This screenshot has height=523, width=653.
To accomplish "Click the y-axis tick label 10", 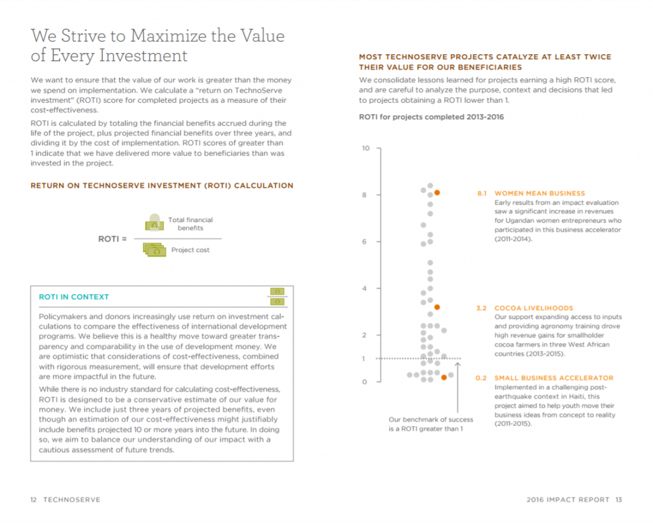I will pyautogui.click(x=365, y=148).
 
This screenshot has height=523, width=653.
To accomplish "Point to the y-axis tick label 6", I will pyautogui.click(x=365, y=242).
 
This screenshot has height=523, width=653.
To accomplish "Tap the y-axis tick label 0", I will pyautogui.click(x=365, y=381).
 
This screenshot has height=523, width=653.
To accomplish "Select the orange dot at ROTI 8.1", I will pyautogui.click(x=437, y=193).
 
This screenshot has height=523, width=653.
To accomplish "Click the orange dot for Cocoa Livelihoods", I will pyautogui.click(x=437, y=307).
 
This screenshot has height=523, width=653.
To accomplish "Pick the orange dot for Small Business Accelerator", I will pyautogui.click(x=444, y=378).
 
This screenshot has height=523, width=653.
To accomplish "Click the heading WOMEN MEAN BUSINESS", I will pyautogui.click(x=539, y=193).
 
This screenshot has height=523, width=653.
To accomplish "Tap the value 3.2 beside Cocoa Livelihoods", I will pyautogui.click(x=482, y=308).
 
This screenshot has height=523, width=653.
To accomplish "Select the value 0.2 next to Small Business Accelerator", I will pyautogui.click(x=482, y=378).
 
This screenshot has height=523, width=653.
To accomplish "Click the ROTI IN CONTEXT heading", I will pyautogui.click(x=74, y=297).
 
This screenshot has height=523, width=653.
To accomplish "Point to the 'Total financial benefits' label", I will pyautogui.click(x=190, y=224).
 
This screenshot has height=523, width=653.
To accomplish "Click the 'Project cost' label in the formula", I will pyautogui.click(x=190, y=250).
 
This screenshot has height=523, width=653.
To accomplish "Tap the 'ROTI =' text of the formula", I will pyautogui.click(x=112, y=239).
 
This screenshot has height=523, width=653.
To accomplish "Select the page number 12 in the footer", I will pyautogui.click(x=34, y=499).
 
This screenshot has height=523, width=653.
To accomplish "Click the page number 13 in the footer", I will pyautogui.click(x=619, y=499).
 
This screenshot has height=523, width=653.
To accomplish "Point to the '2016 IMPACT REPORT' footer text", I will pyautogui.click(x=568, y=499).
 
